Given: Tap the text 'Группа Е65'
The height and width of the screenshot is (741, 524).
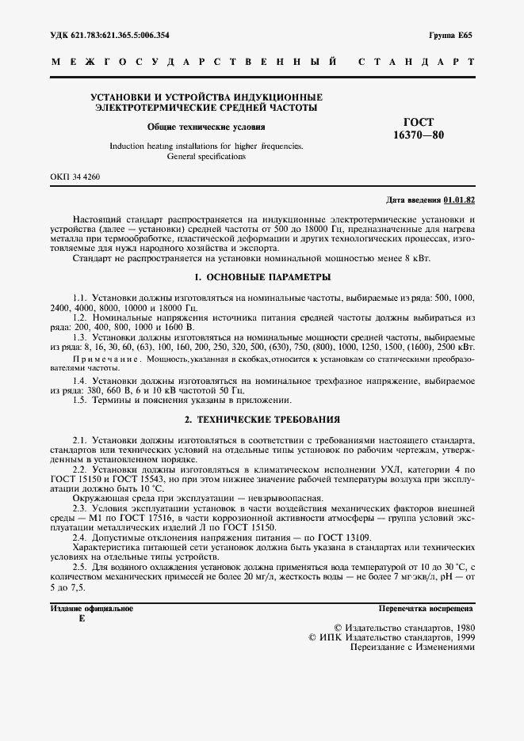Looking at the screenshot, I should pos(450,36).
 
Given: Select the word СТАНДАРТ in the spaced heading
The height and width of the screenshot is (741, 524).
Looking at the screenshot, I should pos(416,61).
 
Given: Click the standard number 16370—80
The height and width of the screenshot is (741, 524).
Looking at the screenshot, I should pos(419,135).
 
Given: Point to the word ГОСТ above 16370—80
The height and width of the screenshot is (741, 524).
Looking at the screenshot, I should pos(419,122).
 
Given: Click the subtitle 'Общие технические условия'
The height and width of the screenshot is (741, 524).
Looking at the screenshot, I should pos(206,127).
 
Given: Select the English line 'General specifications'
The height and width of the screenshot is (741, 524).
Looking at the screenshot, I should pos(206,156).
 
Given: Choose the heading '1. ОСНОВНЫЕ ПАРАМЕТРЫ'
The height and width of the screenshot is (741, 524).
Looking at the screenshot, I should pos(262,277).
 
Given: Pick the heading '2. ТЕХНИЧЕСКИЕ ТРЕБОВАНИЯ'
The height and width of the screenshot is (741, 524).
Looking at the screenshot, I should pos(262,420).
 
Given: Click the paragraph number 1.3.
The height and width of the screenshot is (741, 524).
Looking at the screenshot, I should pos(79,336).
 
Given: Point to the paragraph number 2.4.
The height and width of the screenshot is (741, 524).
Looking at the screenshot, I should pos(79,537).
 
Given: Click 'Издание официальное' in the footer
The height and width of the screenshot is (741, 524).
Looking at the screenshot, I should pos(92,609).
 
